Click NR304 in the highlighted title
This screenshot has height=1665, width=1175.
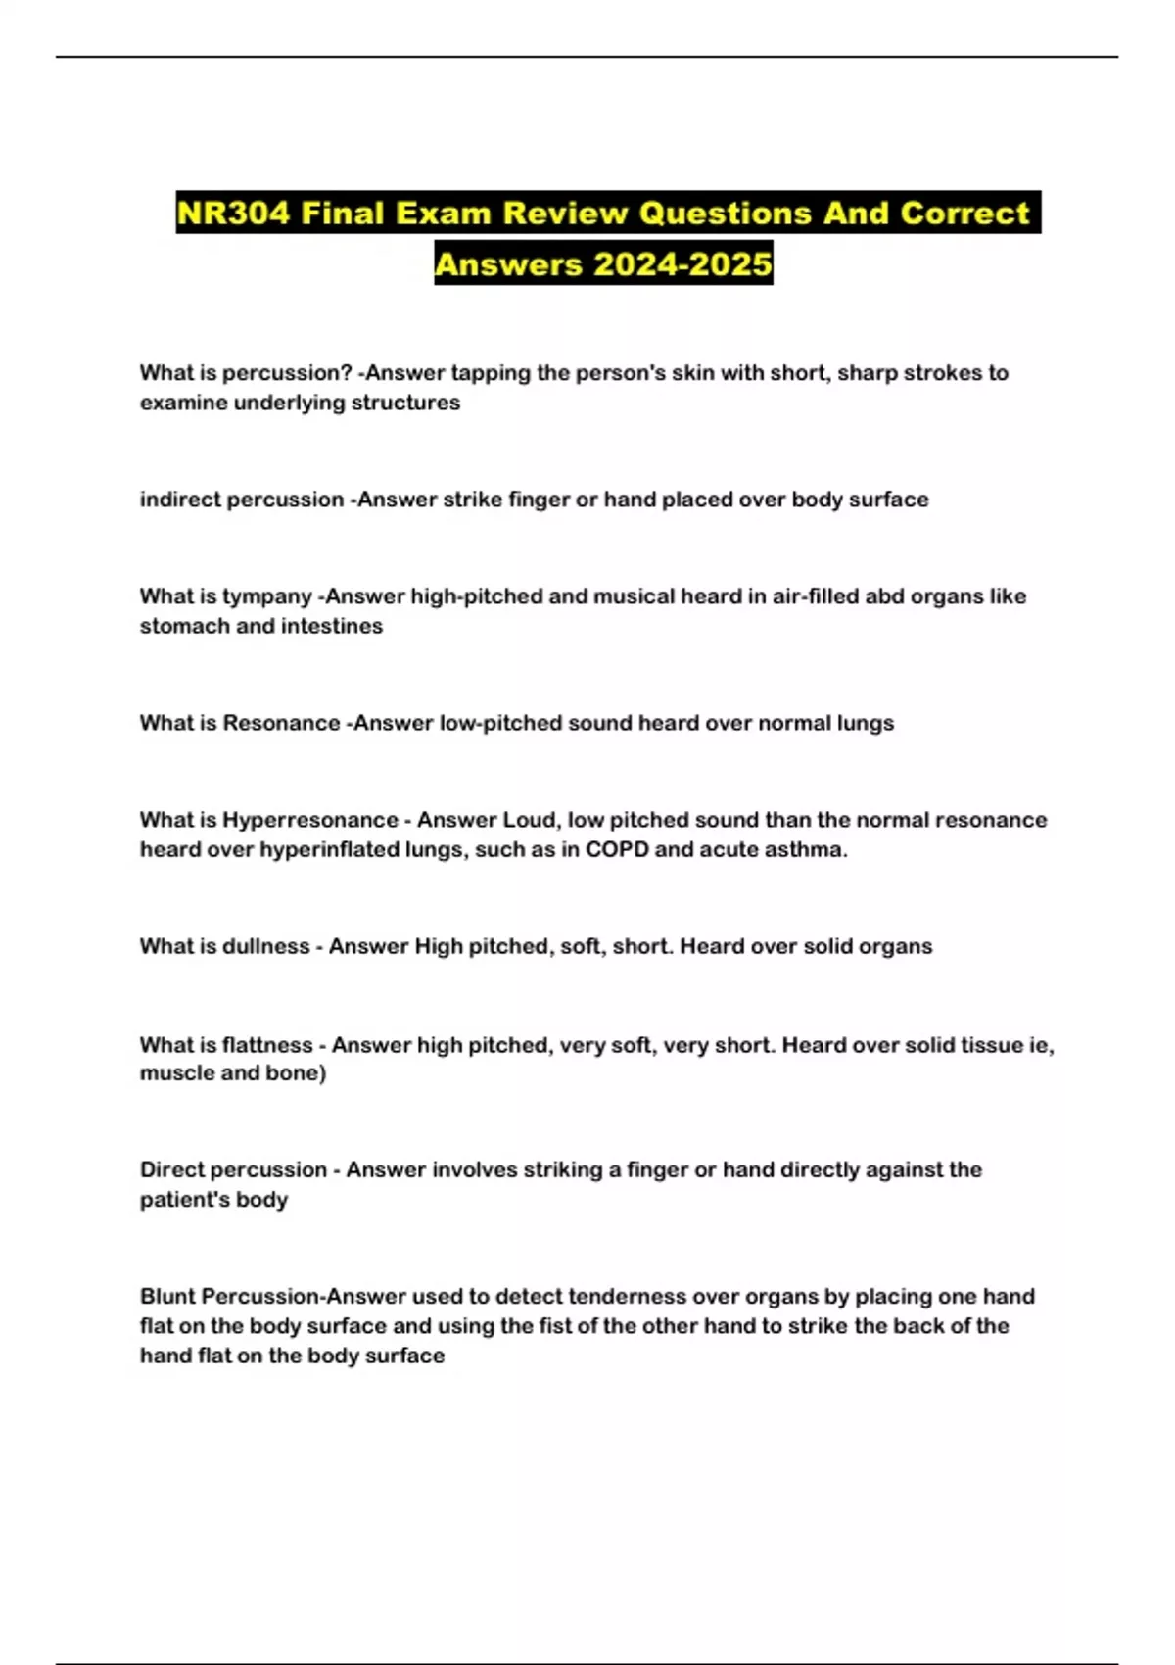point(233,213)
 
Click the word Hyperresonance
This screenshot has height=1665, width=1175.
point(309,820)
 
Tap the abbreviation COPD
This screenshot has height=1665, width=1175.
point(617,849)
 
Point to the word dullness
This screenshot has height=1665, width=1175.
point(266,946)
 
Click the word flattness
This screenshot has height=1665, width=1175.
point(267,1045)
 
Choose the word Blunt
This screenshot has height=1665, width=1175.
point(167,1297)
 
